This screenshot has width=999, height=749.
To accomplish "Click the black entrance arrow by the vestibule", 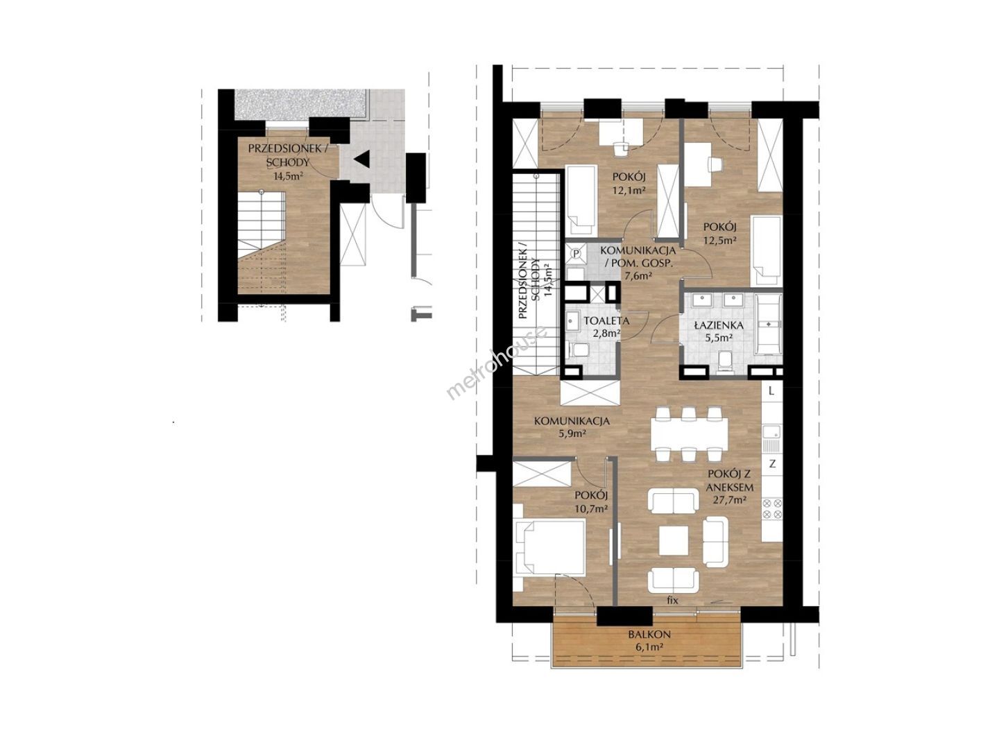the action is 362,160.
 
